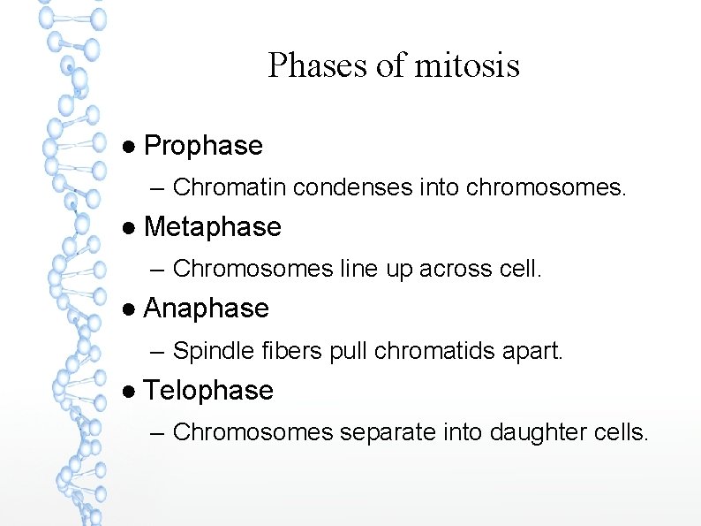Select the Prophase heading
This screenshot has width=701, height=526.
203,146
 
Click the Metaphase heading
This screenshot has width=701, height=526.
212,227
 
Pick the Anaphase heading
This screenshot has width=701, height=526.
206,309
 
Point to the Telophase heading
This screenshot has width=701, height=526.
208,391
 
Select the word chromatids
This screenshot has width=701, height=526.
424,351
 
